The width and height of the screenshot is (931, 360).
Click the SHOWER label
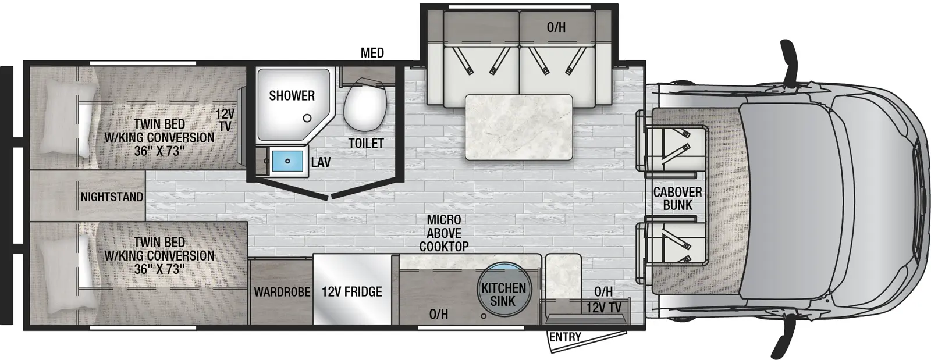292,95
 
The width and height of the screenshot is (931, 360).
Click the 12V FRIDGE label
352,291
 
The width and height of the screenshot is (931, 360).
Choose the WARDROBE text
282,291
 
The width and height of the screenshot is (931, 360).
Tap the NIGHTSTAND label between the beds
112,197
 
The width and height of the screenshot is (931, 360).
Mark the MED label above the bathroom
372,53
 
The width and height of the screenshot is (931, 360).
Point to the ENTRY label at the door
565,337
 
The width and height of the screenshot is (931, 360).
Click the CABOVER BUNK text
677,198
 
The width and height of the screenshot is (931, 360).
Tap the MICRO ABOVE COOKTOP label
444,233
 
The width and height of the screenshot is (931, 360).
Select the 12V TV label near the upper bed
225,120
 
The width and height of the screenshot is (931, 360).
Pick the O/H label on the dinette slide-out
556,27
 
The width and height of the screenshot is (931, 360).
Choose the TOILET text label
366,143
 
